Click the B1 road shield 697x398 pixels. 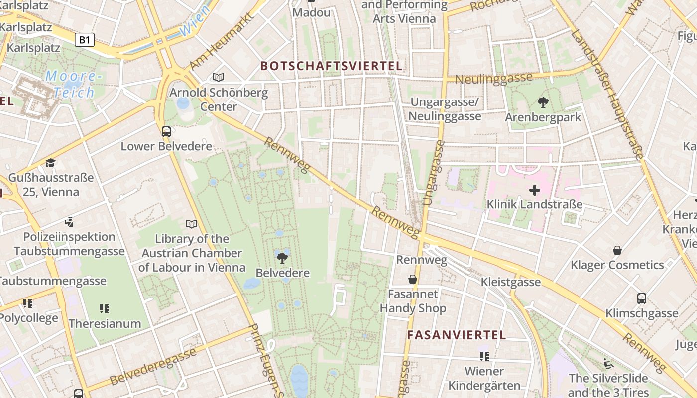[85, 40]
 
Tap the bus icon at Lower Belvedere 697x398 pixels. [166, 132]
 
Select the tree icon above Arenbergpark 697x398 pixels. [543, 103]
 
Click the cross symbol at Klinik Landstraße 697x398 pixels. [535, 190]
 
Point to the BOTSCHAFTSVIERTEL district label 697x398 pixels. [331, 66]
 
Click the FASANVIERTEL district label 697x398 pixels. [456, 335]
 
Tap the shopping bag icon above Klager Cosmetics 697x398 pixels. [617, 250]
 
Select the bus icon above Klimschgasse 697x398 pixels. [642, 298]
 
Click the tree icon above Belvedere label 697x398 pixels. [282, 258]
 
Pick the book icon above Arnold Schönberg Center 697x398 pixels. [219, 77]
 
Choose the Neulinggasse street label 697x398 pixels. [493, 79]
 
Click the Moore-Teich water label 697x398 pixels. [74, 84]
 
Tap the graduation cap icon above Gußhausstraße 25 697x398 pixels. [50, 163]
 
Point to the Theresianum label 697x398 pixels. [105, 323]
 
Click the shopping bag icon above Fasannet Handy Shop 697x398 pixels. [413, 279]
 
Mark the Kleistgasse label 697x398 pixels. [510, 282]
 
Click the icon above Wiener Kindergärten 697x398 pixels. [484, 356]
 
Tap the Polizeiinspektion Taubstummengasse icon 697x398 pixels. [69, 222]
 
